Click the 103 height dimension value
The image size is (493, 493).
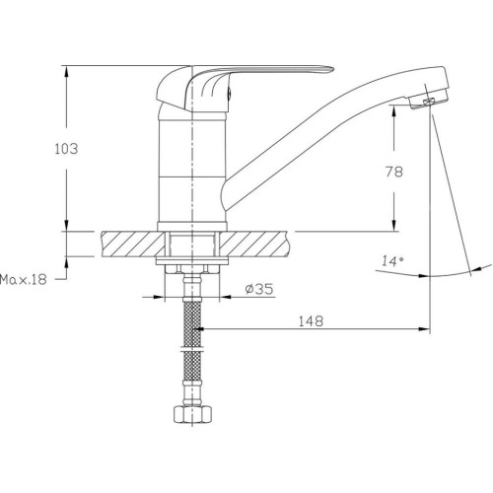(x=66, y=149)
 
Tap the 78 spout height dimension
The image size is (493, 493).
(x=393, y=172)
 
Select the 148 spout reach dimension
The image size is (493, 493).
(x=311, y=320)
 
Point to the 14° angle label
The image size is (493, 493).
(x=392, y=261)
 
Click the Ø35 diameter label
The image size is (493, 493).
(x=259, y=289)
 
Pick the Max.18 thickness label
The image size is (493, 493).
(x=24, y=280)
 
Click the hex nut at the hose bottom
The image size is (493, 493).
(x=192, y=415)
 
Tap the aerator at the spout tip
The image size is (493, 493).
(x=428, y=101)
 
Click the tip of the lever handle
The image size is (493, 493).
(x=333, y=69)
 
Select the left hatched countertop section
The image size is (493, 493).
(x=133, y=244)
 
